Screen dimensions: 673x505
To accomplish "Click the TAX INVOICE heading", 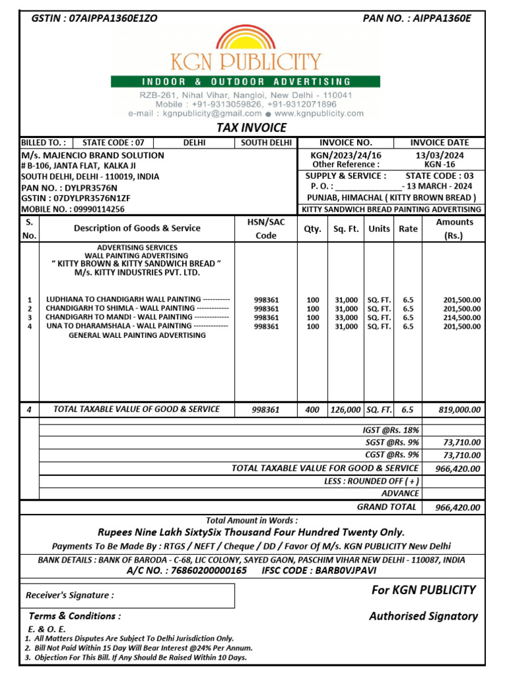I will point(252,128).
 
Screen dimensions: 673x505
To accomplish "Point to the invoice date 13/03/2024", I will point(439,154).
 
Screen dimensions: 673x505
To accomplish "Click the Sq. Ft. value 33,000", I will point(346,317).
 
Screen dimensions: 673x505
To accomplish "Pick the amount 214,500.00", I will point(462,317).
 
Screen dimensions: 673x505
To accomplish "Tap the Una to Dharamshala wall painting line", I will point(137,326).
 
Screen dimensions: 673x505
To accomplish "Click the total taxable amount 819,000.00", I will point(459,409).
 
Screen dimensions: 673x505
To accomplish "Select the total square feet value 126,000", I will point(345,409).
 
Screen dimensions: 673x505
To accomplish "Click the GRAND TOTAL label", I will point(387,507).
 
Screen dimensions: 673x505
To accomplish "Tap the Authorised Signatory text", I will point(423,616).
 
